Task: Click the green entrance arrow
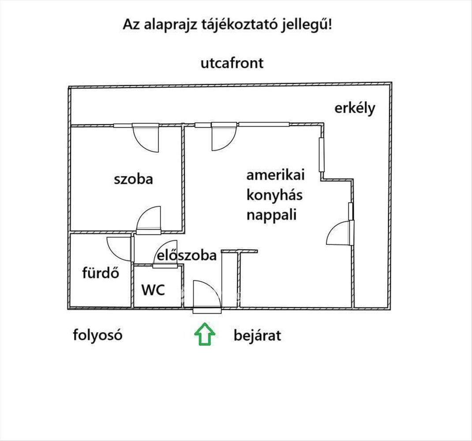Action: point(205,334)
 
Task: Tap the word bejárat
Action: point(257,336)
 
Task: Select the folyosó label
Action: point(97,335)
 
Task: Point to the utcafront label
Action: point(232,63)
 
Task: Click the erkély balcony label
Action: point(355,108)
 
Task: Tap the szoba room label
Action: point(133,179)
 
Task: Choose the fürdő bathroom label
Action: point(101,273)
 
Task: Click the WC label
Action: point(153,290)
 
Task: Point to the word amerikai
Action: point(275,175)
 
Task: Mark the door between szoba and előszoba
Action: point(149,220)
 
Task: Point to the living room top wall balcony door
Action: point(223,137)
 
